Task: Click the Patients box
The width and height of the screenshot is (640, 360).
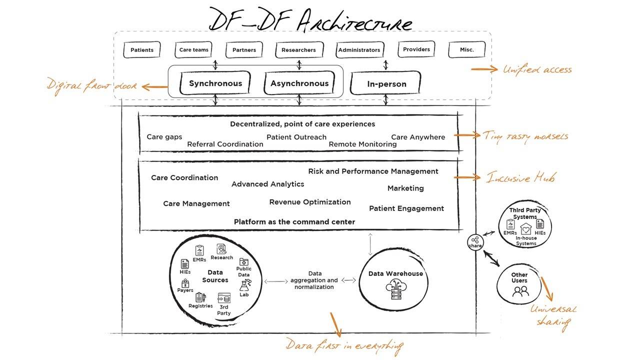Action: (142, 50)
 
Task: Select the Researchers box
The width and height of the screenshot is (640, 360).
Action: (298, 50)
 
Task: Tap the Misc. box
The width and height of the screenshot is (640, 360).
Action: (466, 49)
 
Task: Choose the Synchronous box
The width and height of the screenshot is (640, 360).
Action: (215, 83)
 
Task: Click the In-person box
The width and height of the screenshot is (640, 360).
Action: (386, 84)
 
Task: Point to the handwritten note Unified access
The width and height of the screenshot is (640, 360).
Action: (537, 69)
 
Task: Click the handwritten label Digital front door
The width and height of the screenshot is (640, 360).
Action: (92, 85)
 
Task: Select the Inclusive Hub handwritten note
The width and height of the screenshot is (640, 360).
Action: (521, 177)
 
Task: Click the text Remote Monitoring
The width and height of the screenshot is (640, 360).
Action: (362, 144)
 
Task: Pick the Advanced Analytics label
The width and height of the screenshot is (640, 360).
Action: (267, 184)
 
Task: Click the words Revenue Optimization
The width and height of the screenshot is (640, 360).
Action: (310, 202)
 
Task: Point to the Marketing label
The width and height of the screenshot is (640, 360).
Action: (405, 188)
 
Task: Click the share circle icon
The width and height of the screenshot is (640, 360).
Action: (475, 241)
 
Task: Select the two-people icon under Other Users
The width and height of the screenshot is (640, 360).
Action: (520, 291)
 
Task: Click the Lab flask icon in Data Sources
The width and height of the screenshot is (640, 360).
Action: (244, 285)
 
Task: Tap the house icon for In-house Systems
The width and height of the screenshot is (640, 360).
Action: (525, 229)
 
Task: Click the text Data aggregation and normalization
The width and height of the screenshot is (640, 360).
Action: (314, 280)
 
